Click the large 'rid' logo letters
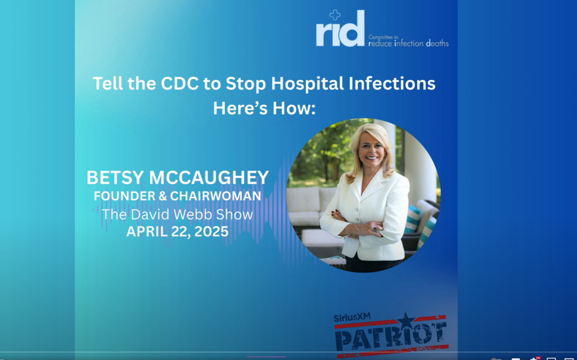[x=340, y=28]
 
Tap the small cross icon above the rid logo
[x=335, y=15]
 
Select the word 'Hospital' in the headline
[x=307, y=84]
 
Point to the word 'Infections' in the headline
[x=392, y=84]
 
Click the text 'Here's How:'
[x=264, y=108]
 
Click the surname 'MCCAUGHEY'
[x=209, y=177]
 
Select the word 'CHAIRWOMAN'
[x=215, y=196]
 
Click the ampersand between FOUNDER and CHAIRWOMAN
[x=163, y=196]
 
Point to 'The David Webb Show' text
[x=177, y=214]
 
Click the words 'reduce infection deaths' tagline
[x=409, y=43]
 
